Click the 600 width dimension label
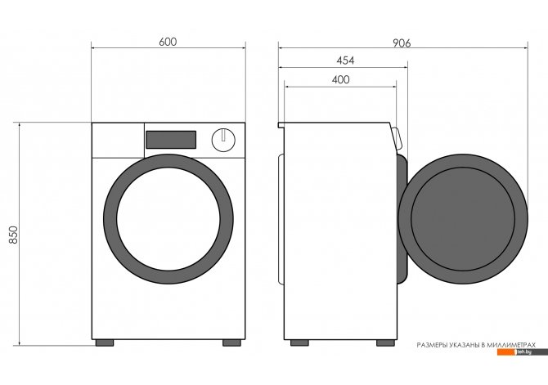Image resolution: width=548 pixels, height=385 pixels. [168, 42]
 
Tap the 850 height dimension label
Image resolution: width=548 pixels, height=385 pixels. [13, 235]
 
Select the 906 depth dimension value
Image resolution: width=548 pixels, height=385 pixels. [402, 43]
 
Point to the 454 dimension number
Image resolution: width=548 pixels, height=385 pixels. [345, 60]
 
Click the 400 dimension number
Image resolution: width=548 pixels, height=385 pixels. [340, 79]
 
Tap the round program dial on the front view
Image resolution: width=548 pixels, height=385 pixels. [223, 140]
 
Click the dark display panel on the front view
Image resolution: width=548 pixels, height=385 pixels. [171, 140]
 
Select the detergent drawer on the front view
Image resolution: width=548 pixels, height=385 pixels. [118, 141]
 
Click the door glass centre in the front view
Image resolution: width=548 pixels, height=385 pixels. [168, 219]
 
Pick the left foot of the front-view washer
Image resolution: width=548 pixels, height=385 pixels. [105, 342]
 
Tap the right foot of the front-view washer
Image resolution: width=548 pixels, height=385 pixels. [231, 342]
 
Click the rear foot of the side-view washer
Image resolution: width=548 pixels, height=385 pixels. [299, 342]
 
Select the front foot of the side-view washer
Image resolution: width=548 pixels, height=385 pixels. [385, 342]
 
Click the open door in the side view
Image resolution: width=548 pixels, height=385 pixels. [463, 219]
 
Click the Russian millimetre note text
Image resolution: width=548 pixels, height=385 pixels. [476, 345]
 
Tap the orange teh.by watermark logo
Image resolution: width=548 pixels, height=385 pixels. [522, 352]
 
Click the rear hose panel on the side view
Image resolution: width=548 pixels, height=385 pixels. [281, 219]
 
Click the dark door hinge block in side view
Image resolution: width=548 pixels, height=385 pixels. [402, 219]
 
